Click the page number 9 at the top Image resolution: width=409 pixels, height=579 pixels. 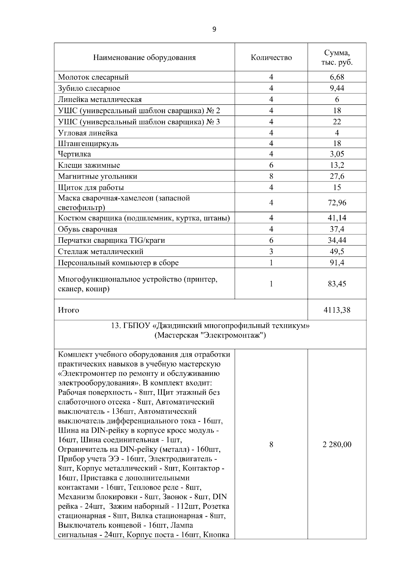(x=214, y=29)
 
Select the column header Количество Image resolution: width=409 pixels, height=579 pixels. (x=271, y=57)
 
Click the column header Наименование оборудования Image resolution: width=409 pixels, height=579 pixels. (x=145, y=57)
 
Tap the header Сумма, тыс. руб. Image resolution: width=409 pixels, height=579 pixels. (x=337, y=58)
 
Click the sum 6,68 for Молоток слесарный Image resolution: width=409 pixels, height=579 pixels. (x=337, y=77)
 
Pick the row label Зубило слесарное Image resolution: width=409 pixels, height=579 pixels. (x=89, y=88)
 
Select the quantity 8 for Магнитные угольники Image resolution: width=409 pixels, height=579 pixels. (x=271, y=176)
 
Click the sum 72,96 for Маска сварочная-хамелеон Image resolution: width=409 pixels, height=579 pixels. (x=337, y=203)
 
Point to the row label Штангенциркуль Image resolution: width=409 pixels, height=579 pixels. (x=88, y=143)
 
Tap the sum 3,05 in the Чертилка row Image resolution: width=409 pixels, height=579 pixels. (x=337, y=154)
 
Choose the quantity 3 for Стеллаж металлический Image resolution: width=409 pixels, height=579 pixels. (x=271, y=252)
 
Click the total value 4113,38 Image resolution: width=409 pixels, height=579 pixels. (x=337, y=310)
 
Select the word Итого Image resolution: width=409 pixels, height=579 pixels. (x=69, y=310)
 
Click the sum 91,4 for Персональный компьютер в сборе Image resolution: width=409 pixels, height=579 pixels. (x=337, y=263)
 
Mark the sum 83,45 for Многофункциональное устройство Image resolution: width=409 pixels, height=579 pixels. (x=337, y=284)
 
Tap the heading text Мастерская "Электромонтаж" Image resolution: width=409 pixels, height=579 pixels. (x=210, y=335)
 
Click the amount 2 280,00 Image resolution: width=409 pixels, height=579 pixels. (x=337, y=445)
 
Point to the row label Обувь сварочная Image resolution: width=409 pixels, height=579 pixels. (x=88, y=229)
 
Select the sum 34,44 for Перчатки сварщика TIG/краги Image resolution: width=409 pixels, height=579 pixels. (x=337, y=240)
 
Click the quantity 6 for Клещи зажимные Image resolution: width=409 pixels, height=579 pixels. (x=271, y=165)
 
